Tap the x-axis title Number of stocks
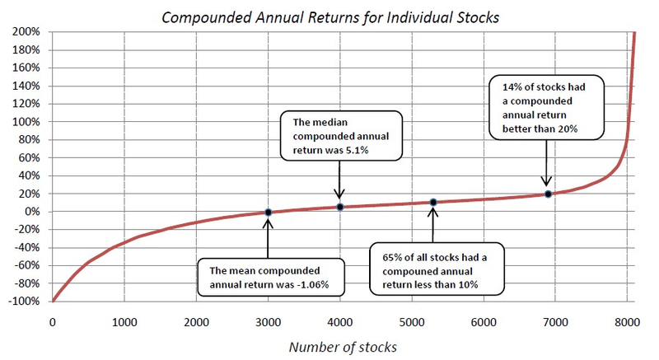click(x=342, y=346)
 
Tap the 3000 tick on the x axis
click(x=268, y=320)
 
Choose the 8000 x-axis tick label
click(x=627, y=320)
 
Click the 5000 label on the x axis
click(x=411, y=320)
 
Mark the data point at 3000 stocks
click(x=268, y=212)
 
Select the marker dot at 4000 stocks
click(x=339, y=207)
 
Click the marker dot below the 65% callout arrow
click(x=433, y=203)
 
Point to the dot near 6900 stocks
click(x=548, y=194)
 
